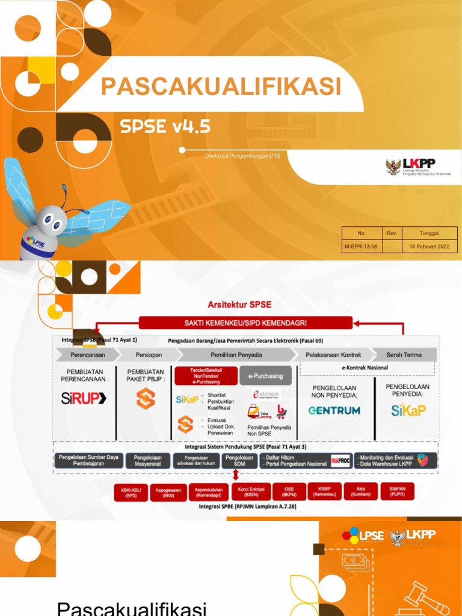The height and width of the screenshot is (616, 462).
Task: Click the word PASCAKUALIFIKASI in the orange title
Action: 221,87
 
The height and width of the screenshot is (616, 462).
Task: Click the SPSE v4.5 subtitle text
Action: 165,126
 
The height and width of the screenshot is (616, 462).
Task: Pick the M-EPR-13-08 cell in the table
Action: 361,246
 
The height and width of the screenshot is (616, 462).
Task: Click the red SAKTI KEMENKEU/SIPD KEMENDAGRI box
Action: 245,323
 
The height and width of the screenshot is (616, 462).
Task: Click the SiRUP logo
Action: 84,398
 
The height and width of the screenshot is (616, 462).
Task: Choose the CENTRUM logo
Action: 334,410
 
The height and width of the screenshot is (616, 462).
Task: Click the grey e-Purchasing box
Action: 265,376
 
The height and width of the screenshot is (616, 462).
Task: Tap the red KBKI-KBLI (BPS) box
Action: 132,491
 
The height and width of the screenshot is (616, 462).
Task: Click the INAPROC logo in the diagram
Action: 340,461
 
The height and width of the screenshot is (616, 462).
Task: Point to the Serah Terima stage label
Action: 405,355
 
